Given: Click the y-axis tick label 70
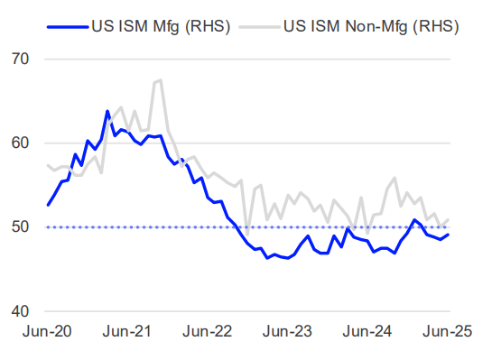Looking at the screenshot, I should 19,60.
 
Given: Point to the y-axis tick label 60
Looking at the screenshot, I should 19,143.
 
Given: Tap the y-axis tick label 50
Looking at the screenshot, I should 19,226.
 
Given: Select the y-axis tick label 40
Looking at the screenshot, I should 19,311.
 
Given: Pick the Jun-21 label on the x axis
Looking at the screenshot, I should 127,333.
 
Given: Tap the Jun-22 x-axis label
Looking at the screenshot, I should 208,333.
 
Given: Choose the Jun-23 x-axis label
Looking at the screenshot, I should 288,333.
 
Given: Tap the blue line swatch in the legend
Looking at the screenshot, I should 69,25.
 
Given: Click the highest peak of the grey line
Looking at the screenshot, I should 161,80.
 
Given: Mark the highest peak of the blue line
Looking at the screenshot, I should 107,111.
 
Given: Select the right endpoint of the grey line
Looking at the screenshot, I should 449,219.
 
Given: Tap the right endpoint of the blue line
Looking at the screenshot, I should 449,235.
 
